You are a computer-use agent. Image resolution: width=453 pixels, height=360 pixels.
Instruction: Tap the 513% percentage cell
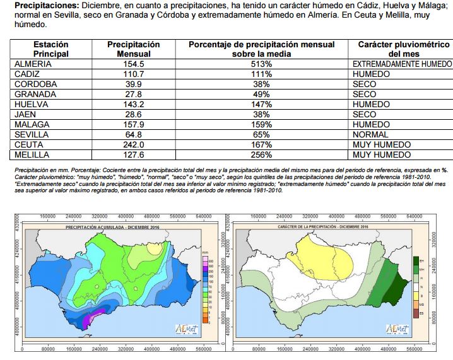click(x=261, y=64)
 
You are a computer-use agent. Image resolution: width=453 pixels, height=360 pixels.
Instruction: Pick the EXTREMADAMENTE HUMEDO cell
click(x=402, y=64)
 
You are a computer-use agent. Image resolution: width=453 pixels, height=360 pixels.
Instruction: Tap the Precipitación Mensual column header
click(x=133, y=50)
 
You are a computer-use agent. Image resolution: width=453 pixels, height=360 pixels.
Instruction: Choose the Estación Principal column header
click(x=51, y=50)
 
